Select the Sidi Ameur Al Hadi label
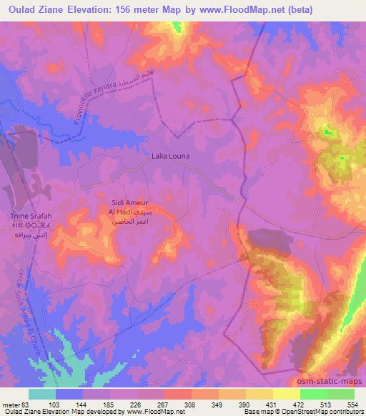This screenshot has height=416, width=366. coord(129,207)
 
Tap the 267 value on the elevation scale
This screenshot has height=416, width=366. coord(164,405)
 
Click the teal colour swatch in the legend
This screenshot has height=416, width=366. coord(43,395)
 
